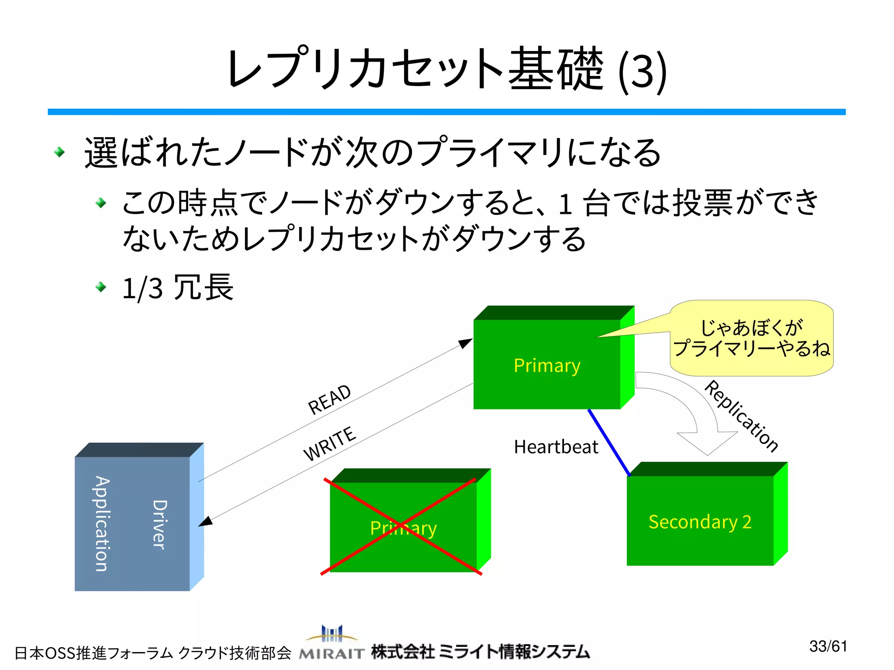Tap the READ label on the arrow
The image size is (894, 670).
pyautogui.click(x=330, y=399)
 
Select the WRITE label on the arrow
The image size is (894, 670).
pyautogui.click(x=330, y=443)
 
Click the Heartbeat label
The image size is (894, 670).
pyautogui.click(x=556, y=447)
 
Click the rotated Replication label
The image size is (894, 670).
pyautogui.click(x=741, y=416)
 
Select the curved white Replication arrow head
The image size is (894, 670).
pyautogui.click(x=707, y=443)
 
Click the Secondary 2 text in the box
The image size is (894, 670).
pyautogui.click(x=700, y=522)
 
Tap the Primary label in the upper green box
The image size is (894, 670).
pyautogui.click(x=547, y=365)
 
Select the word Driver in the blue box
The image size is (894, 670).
pyautogui.click(x=159, y=524)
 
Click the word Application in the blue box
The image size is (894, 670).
pyautogui.click(x=102, y=523)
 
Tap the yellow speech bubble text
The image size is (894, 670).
pyautogui.click(x=751, y=338)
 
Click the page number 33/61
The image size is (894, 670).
pyautogui.click(x=828, y=646)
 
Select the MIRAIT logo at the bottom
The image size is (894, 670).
pyautogui.click(x=332, y=643)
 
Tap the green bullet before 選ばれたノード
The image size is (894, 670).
pyautogui.click(x=59, y=152)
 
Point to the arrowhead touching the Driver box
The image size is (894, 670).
pyautogui.click(x=206, y=522)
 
